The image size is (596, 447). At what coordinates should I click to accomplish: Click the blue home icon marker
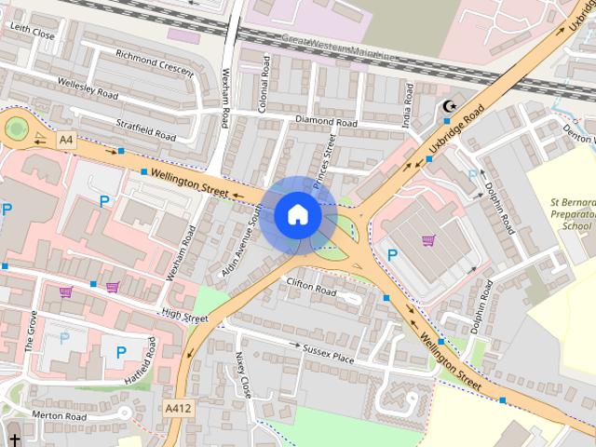(297, 215)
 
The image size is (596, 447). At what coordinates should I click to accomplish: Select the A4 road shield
(65, 140)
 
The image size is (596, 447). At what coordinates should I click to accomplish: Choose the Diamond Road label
(326, 122)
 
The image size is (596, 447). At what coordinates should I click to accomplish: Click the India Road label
(407, 93)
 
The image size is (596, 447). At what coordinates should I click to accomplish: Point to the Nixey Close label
(243, 373)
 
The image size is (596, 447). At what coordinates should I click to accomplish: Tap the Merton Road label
(59, 415)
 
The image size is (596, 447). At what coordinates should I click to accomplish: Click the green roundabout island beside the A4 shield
(17, 128)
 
